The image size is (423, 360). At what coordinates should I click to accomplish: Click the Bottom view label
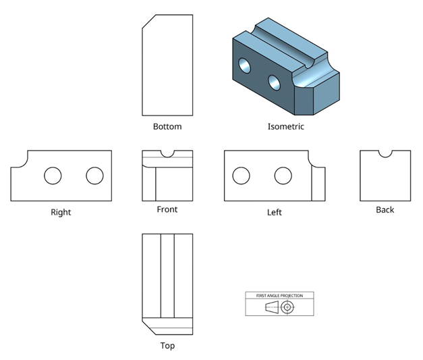167,126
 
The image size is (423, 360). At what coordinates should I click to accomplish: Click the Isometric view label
285,126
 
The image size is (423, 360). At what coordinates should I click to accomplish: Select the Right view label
61,212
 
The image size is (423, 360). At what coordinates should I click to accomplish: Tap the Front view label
167,209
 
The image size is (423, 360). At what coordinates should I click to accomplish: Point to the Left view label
274,212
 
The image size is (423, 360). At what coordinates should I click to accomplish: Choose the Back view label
385,209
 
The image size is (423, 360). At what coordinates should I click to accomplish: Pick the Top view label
167,345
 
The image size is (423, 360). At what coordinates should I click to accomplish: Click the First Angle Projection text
279,296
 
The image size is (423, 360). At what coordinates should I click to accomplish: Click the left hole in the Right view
53,176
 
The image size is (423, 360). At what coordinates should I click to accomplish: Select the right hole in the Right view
94,176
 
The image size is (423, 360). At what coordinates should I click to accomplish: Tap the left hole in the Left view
241,176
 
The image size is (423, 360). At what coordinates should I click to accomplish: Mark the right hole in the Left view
283,176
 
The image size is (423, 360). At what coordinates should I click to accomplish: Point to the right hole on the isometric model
274,82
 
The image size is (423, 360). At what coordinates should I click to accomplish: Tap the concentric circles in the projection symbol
288,307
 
